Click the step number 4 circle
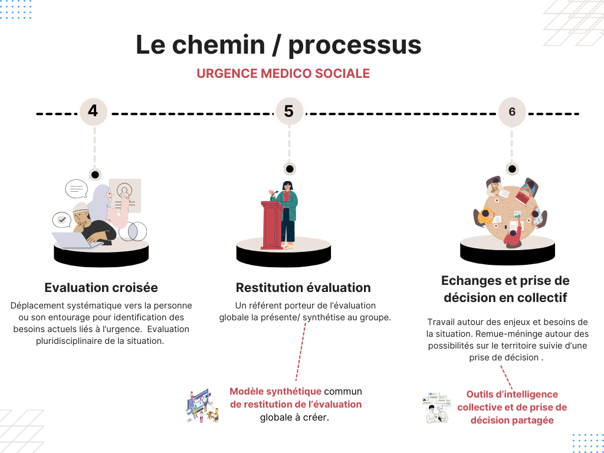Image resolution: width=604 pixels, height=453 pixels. [x=93, y=111]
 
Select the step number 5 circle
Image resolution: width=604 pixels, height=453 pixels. [x=289, y=111]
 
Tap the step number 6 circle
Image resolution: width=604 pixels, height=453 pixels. [x=511, y=111]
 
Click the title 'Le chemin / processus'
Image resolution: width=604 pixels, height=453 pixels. [x=278, y=45]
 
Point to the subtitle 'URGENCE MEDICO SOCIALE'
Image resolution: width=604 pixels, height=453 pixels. [x=283, y=74]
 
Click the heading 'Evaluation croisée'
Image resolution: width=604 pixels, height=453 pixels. [x=101, y=288]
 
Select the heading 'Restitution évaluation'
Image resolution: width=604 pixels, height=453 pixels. [x=303, y=288]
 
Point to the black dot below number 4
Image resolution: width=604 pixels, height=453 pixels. [x=95, y=175]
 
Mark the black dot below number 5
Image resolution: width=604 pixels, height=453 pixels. [x=289, y=169]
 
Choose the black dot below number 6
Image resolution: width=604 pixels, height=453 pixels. [x=512, y=169]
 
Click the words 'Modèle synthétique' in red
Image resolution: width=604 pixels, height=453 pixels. [x=275, y=391]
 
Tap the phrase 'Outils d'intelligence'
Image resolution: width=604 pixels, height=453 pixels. [x=512, y=394]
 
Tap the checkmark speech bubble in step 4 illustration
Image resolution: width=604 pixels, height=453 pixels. [x=61, y=220]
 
